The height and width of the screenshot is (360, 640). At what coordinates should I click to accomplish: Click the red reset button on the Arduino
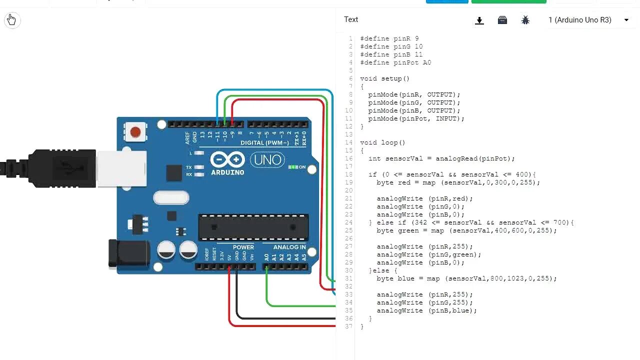(x=135, y=132)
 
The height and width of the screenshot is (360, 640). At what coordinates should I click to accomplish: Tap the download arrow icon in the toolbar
(x=479, y=20)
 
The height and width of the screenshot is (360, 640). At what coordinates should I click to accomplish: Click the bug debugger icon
(x=525, y=20)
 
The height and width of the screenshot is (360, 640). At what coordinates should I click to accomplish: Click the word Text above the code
(x=351, y=19)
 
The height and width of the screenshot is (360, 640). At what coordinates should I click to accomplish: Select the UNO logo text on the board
(x=267, y=160)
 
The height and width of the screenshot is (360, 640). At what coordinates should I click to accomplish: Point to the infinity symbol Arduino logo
(x=227, y=160)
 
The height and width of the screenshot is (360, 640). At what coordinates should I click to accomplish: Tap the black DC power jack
(x=128, y=254)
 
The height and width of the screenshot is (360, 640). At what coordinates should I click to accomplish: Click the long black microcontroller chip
(x=253, y=227)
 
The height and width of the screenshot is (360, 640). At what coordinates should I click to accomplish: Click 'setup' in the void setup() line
(x=391, y=78)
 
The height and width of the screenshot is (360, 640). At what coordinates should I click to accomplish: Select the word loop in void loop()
(x=389, y=142)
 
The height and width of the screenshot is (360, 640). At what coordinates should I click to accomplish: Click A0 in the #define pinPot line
(x=426, y=62)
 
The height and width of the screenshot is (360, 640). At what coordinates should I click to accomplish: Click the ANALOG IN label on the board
(x=289, y=247)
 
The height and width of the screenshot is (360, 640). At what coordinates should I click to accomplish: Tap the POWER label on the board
(x=243, y=247)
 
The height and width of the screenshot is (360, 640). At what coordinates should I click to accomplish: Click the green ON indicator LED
(x=293, y=167)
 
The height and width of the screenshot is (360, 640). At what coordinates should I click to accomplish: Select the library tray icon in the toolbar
(x=502, y=20)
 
